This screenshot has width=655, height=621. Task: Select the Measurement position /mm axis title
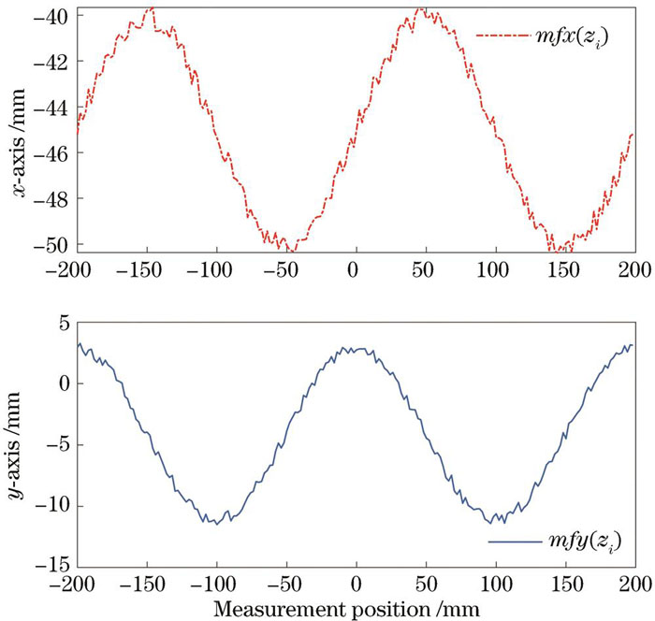coord(348,609)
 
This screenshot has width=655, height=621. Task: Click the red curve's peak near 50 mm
coord(420,9)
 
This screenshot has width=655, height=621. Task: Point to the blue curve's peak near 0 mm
coord(354,348)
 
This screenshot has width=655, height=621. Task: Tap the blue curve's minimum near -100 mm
coord(217,523)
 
